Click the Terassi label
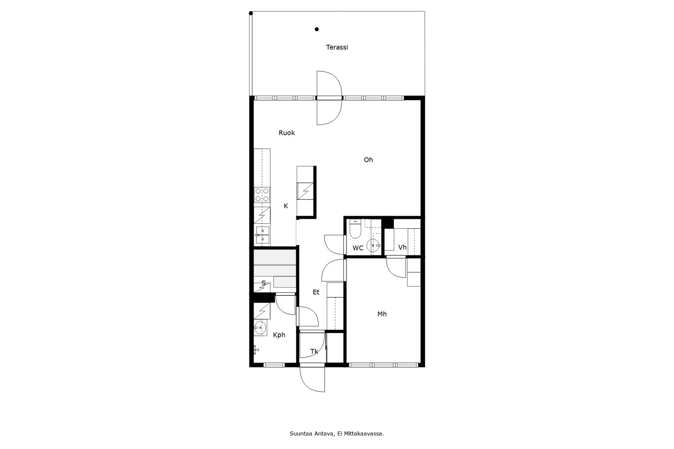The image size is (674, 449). click(337, 47)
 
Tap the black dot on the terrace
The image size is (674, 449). click(316, 29)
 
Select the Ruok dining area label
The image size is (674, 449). click(287, 133)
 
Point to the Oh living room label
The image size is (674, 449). click(368, 160)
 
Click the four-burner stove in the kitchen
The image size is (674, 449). click(262, 195)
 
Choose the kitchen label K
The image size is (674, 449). click(286, 206)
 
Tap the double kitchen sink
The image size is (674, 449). click(262, 235)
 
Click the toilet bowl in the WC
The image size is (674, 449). click(355, 229)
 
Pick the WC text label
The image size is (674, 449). click(358, 248)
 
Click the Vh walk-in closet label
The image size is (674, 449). click(402, 247)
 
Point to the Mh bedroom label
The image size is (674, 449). click(382, 314)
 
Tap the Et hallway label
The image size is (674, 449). click(316, 292)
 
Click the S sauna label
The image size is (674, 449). click(264, 283)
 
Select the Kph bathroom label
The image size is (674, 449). click(279, 335)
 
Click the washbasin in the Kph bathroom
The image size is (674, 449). click(260, 328)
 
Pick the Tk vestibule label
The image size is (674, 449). click(314, 352)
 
